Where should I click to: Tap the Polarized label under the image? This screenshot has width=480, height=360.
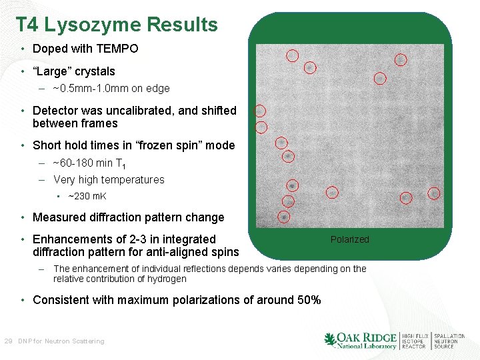coord(349,239)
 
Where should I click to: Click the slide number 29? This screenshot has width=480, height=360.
coord(9,341)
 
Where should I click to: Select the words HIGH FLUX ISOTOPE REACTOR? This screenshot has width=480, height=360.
coord(415,341)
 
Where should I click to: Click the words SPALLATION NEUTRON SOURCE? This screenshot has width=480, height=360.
coord(450,341)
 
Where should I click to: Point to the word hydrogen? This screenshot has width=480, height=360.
coord(166,279)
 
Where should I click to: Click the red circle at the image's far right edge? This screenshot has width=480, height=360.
coord(434,193)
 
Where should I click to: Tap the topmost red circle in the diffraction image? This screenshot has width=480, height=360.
coord(292,55)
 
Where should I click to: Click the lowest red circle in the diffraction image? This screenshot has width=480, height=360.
coord(283,217)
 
